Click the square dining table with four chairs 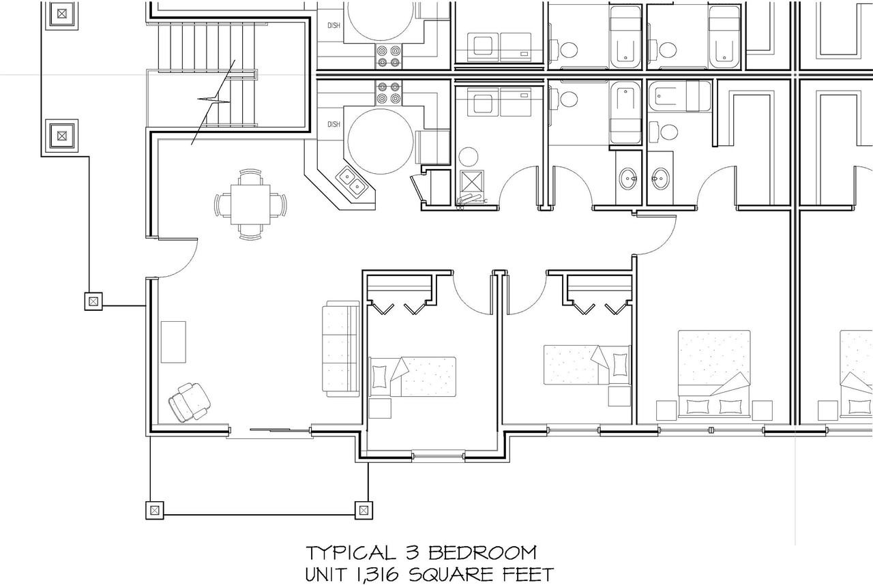pos(250,205)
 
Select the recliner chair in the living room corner pos(190,402)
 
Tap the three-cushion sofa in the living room pos(340,349)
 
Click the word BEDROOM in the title pos(482,553)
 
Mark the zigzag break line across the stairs pos(213,102)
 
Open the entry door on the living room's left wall pos(178,258)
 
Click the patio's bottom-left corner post pos(155,510)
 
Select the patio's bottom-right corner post pos(364,510)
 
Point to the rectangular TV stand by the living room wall pos(173,342)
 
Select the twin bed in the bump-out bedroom pos(412,376)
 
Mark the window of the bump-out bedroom pos(439,456)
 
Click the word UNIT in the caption pos(326,575)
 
